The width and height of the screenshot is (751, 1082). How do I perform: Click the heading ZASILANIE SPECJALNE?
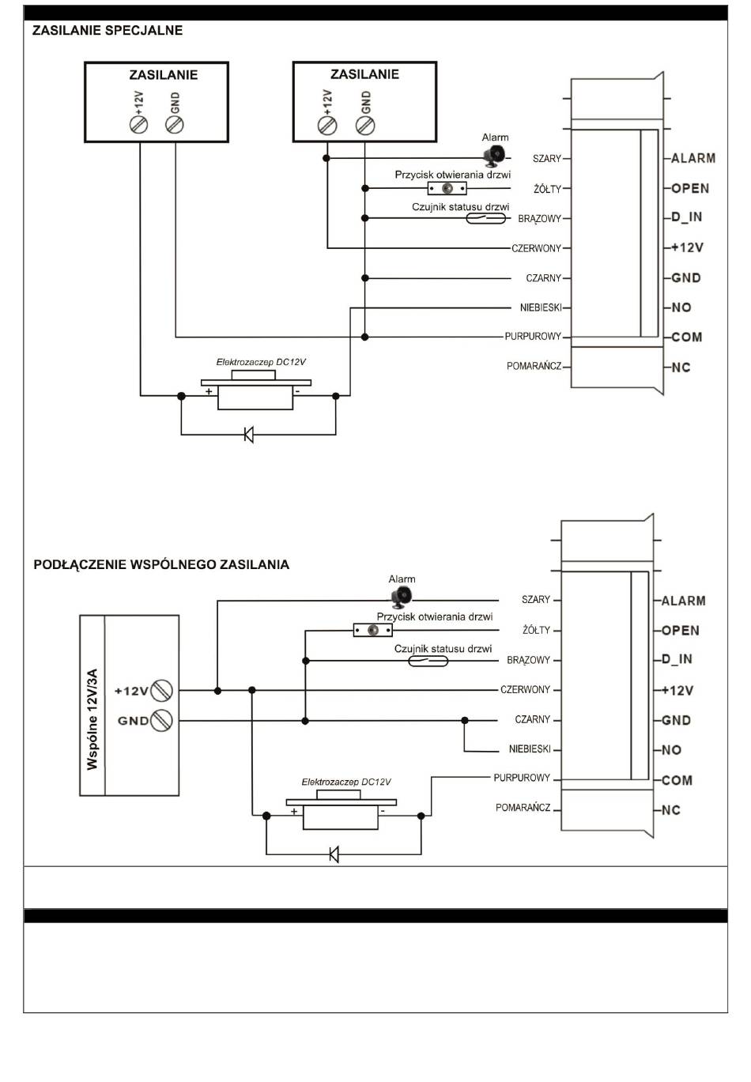pos(108,31)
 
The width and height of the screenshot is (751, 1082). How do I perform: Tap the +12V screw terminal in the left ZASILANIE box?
pos(138,125)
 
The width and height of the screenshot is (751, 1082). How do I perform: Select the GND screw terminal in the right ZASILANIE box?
pos(365,126)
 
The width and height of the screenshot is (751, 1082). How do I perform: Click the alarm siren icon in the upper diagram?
pos(494,156)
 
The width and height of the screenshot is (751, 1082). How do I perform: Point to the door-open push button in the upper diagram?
pos(447,188)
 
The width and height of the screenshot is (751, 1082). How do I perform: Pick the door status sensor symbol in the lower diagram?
pos(428,660)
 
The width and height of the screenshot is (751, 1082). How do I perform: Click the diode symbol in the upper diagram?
pos(248,434)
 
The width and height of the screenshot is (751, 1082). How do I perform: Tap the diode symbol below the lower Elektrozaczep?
pos(334,854)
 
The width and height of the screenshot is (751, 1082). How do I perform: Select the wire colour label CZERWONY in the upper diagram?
pos(537,248)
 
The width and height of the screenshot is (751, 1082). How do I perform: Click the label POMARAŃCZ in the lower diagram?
pos(523,807)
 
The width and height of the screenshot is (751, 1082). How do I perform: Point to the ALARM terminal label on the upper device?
pos(693,158)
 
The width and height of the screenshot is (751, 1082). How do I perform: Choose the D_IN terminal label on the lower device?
pos(677,659)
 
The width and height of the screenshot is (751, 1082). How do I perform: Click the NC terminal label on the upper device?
pos(681,368)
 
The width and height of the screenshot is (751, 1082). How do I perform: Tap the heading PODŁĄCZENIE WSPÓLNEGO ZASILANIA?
pos(161,564)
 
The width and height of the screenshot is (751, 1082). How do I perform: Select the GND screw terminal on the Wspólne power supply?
pos(161,721)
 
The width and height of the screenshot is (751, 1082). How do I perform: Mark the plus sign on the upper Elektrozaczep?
pos(209,391)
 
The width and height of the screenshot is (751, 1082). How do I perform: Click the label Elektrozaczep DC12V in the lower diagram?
pos(346,782)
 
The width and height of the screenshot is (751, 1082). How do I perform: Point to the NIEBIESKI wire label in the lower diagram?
pos(530,748)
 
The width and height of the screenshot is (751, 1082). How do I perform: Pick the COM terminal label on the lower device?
pos(677,780)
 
